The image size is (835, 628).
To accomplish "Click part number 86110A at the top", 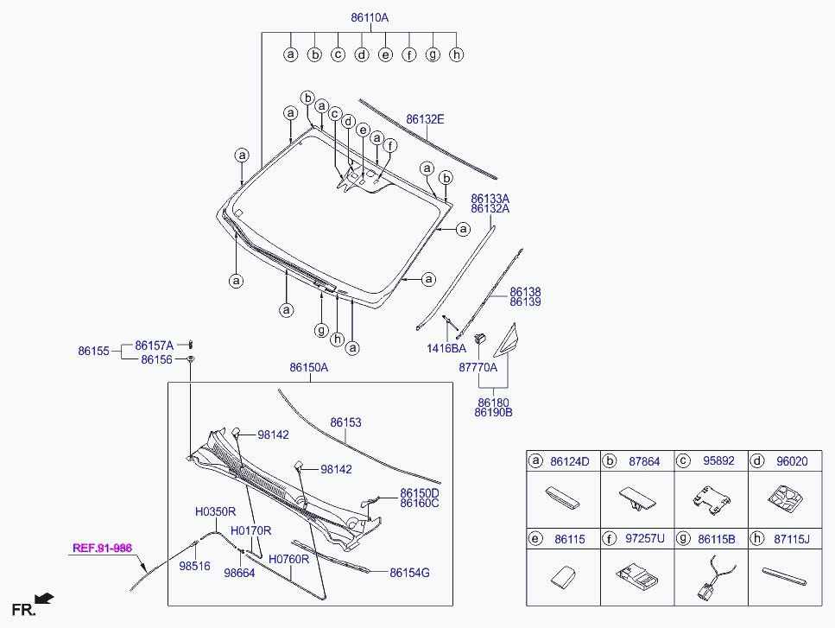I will tap(370, 17).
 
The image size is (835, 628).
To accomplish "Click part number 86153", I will tap(345, 422).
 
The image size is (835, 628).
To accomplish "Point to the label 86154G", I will tap(409, 572).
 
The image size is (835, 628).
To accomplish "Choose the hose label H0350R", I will tap(215, 512).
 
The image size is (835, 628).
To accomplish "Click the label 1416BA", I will tap(445, 348).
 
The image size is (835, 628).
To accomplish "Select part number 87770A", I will tap(478, 367).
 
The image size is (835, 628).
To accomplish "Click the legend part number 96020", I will tap(791, 461).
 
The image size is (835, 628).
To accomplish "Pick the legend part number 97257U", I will tap(645, 538).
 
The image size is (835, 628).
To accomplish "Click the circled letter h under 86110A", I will tap(457, 54).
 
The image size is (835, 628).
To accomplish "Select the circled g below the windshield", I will tap(321, 329).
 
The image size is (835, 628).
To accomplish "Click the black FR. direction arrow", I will tap(44, 597).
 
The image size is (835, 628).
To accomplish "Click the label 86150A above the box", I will tap(308, 367).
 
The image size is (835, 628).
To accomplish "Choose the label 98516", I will tap(193, 567).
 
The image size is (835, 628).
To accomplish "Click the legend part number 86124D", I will tap(570, 461).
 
